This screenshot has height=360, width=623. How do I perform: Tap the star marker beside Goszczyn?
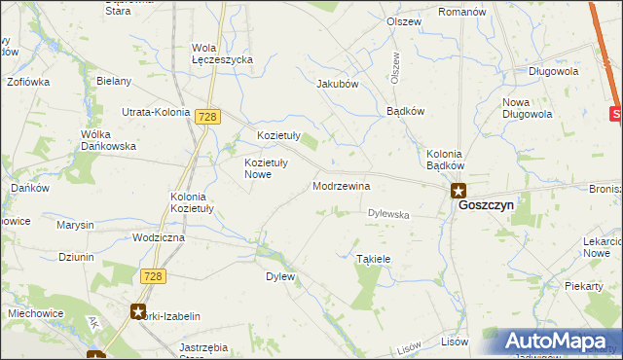[458, 192]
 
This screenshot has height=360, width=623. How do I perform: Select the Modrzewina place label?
[341, 185]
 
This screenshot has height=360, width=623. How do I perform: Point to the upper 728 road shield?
[205, 117]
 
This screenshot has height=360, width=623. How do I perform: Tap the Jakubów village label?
[338, 84]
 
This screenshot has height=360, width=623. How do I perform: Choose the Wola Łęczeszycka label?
[223, 54]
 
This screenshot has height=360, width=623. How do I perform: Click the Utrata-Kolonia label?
[155, 112]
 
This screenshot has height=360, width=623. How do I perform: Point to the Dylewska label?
[388, 213]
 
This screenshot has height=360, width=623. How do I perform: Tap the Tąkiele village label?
[373, 259]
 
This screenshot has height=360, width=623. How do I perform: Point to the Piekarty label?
[584, 286]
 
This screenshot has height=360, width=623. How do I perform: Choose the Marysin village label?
[75, 225]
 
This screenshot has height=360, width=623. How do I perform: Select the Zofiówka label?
[27, 83]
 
